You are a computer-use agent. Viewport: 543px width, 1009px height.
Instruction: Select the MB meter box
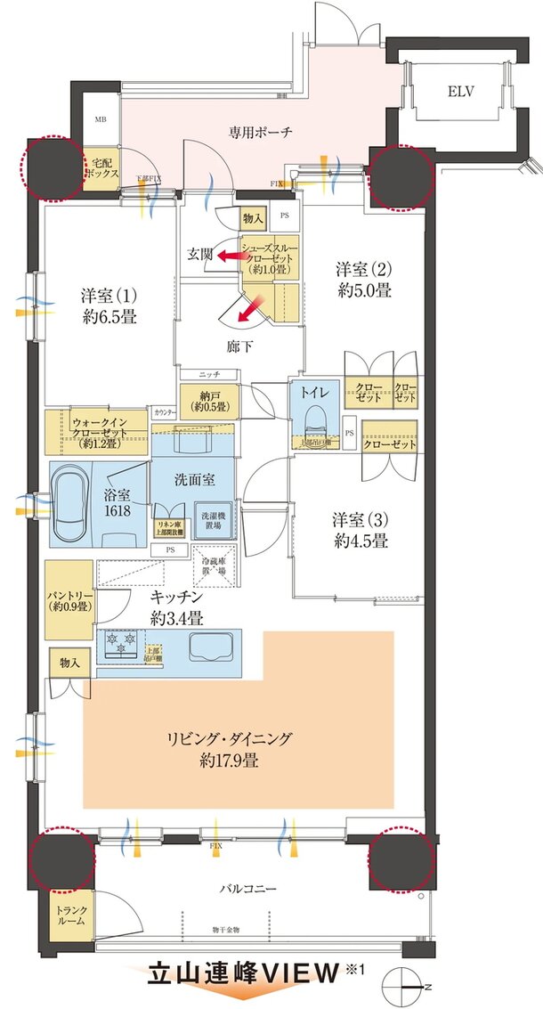pyautogui.click(x=101, y=120)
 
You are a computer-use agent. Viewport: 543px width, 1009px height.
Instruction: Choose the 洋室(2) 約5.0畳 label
pyautogui.click(x=363, y=279)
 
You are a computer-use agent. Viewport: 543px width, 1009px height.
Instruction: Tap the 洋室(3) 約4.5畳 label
pyautogui.click(x=360, y=529)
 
